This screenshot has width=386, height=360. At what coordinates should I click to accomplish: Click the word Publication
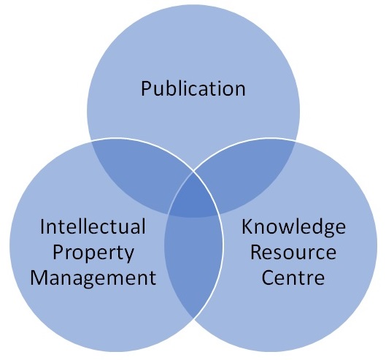point(193,88)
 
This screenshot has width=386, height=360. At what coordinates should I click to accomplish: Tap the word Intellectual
point(93,226)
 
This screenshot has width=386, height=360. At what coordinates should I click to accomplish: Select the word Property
point(93,253)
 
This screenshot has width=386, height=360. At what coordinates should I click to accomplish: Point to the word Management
point(93,278)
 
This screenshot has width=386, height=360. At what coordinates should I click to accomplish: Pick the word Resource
point(293,253)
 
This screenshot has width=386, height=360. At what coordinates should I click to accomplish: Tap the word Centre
point(293,277)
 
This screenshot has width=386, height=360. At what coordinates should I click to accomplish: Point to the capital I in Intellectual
point(42,226)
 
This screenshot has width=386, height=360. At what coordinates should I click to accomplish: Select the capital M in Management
point(37,277)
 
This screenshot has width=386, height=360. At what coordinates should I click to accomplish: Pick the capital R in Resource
point(256,253)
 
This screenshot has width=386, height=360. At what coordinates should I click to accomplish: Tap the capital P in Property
point(58,253)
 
